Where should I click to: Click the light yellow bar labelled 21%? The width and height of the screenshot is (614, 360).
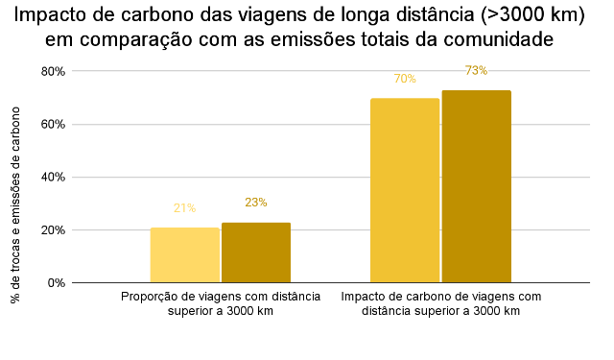point(184,255)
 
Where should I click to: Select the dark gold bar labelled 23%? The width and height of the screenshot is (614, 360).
point(255,252)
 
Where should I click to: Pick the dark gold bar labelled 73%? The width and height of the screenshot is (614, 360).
point(476,186)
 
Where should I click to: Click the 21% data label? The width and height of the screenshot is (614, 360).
point(184,208)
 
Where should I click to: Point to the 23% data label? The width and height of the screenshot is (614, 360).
point(255,203)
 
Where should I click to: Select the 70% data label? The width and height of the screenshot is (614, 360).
point(404,79)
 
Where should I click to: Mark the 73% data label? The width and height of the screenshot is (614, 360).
point(476,71)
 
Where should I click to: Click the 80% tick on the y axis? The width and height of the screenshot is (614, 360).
point(53,72)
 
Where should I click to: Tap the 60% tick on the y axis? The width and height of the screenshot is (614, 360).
point(53,125)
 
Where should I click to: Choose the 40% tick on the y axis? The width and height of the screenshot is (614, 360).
point(53,178)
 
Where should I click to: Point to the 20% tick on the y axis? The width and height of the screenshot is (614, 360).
point(53,230)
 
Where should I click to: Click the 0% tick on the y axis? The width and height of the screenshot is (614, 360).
point(56,283)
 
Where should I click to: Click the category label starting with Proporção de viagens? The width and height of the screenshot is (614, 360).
point(221,303)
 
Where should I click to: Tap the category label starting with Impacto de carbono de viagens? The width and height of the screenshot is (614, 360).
point(441,303)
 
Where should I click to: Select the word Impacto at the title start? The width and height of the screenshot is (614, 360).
point(49,15)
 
